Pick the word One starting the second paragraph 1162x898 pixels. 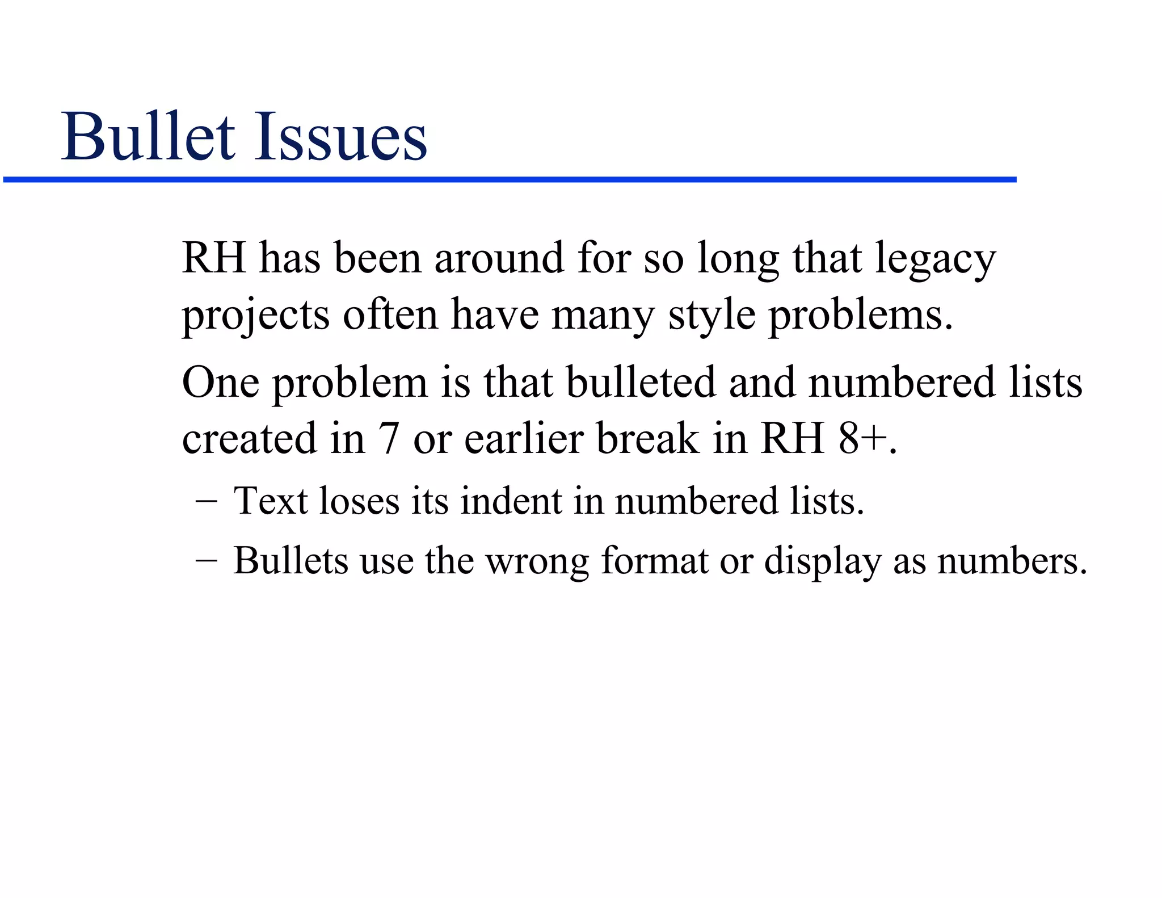click(221, 383)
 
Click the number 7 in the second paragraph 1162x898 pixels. click(388, 439)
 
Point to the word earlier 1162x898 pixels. click(525, 439)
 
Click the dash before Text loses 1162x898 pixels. click(205, 502)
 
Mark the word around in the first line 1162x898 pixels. click(499, 258)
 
